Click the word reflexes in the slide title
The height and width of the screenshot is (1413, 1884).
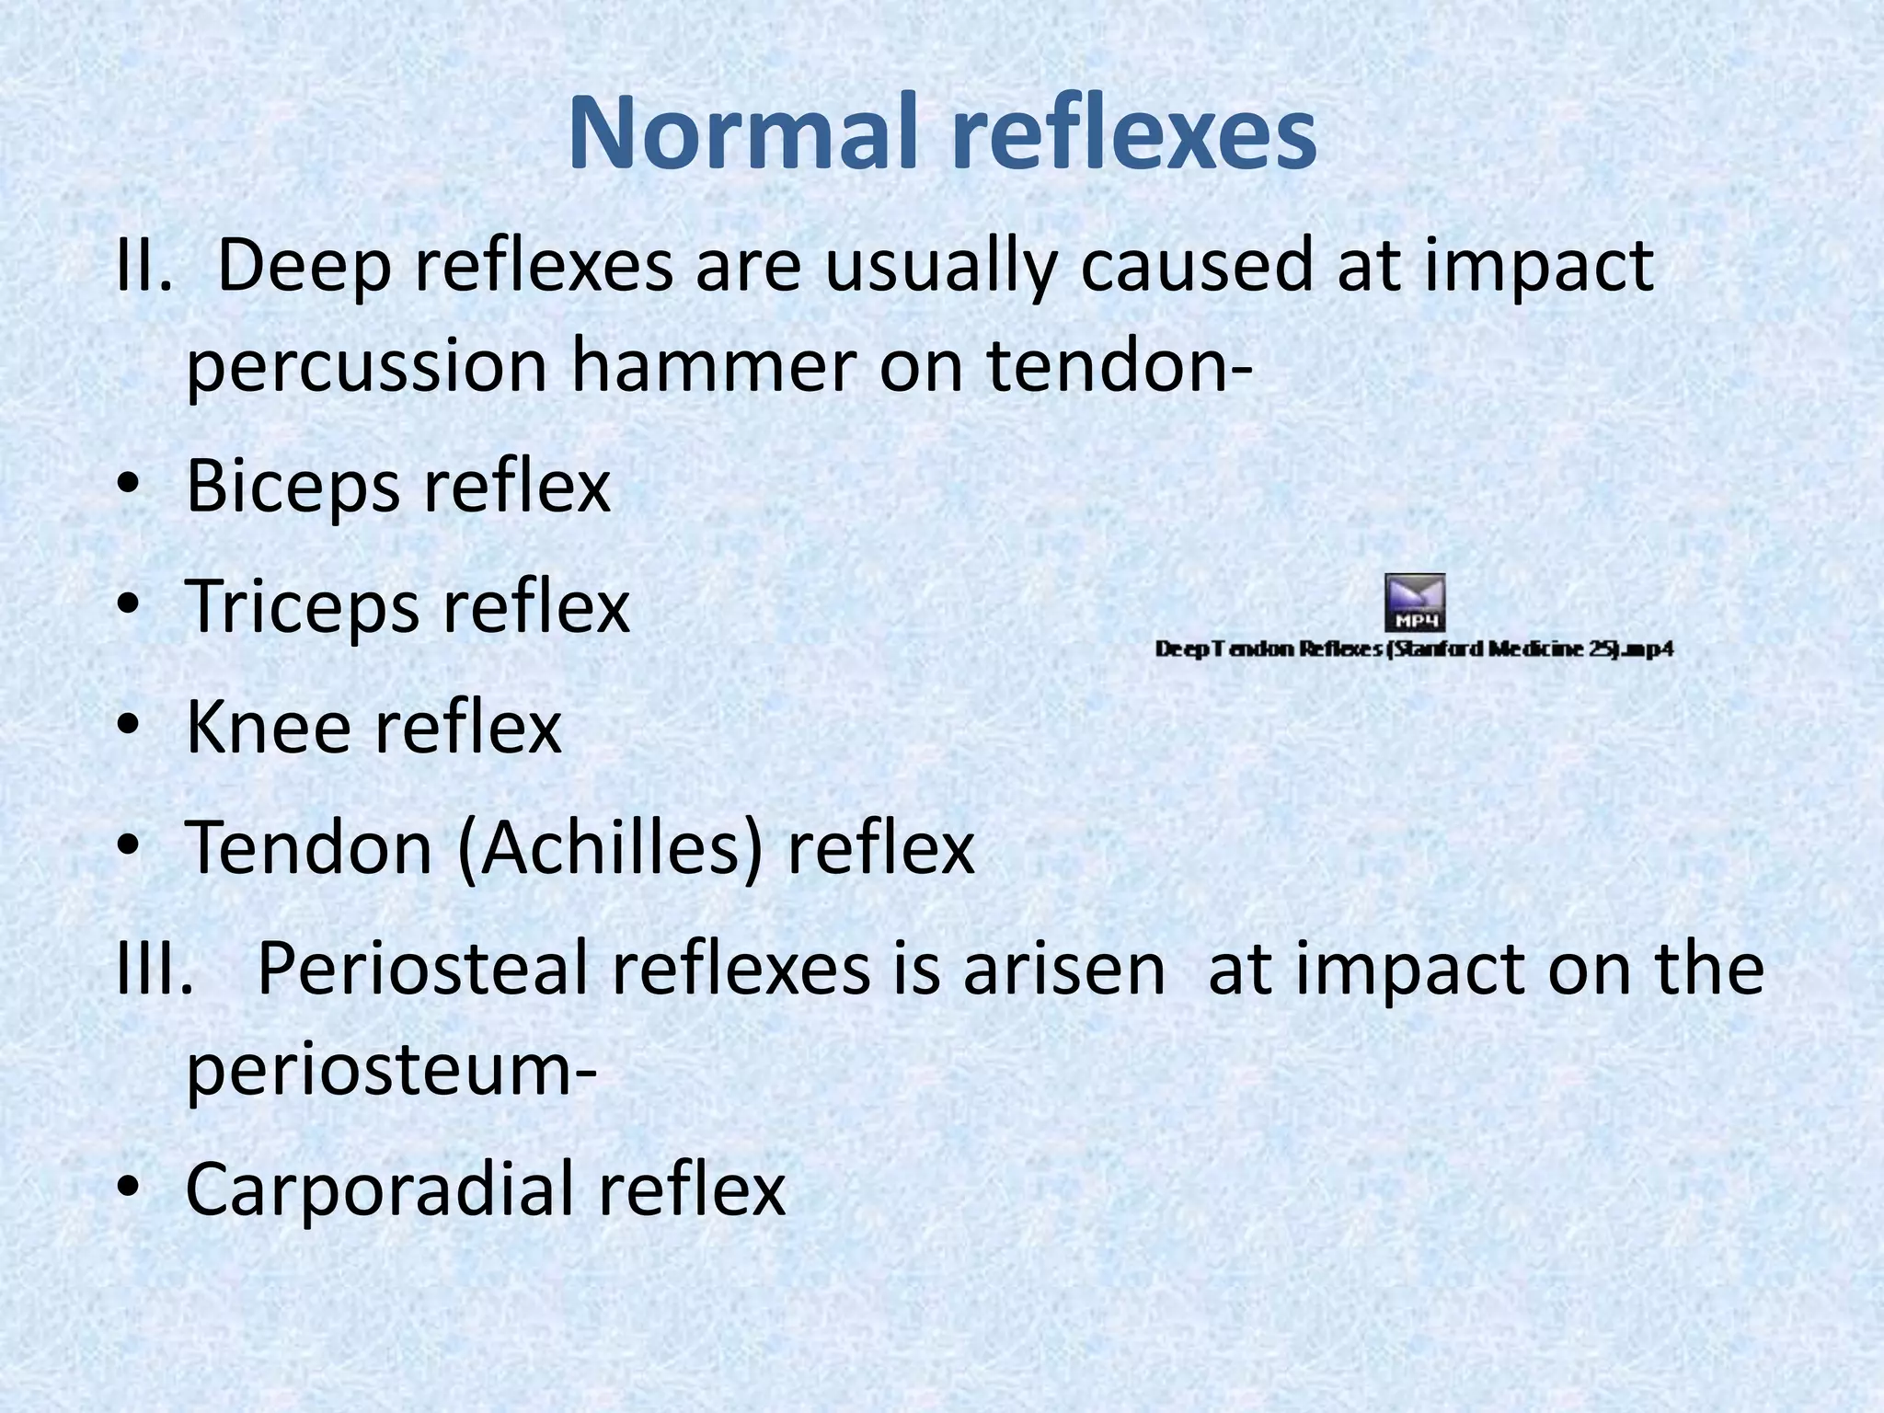pyautogui.click(x=1133, y=134)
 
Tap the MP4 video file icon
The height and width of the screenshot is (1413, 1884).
pyautogui.click(x=1415, y=603)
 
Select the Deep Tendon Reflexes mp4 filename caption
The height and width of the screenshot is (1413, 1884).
pyautogui.click(x=1414, y=649)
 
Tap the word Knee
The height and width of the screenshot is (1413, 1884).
pyautogui.click(x=270, y=728)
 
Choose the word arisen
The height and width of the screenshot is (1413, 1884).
pyautogui.click(x=1064, y=970)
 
